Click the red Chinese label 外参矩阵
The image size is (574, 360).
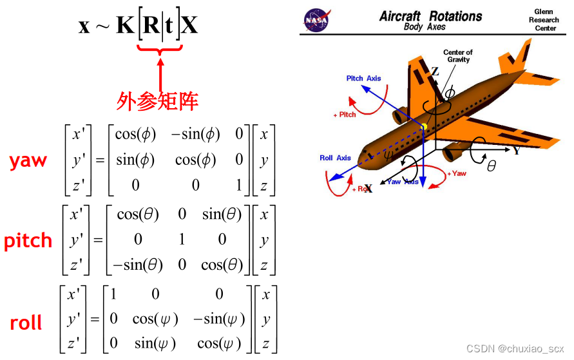[x=157, y=100]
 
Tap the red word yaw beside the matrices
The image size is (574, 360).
[x=28, y=161]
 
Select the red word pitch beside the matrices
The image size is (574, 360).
[x=28, y=241]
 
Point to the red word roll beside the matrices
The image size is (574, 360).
[x=26, y=322]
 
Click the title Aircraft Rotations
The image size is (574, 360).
[x=430, y=16]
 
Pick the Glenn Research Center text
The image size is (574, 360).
[x=544, y=20]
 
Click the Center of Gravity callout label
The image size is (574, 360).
[x=458, y=56]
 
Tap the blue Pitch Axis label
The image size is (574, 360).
[x=363, y=79]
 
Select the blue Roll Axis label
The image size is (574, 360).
[x=335, y=158]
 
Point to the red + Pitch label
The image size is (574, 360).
[x=345, y=115]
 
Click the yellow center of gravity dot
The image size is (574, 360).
[x=425, y=126]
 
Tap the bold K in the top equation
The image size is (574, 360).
[x=126, y=26]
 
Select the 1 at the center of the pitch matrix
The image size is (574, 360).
[x=182, y=240]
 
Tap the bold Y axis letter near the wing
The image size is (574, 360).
[x=516, y=151]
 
